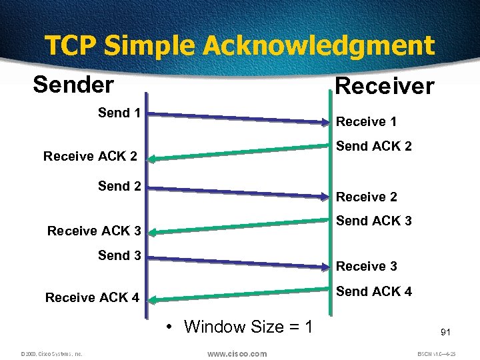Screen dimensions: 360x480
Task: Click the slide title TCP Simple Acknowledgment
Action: click(239, 45)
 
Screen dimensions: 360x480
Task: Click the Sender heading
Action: click(73, 85)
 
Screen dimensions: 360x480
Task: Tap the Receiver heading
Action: click(385, 86)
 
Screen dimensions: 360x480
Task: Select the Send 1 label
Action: click(119, 113)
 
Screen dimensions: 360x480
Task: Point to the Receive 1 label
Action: click(366, 121)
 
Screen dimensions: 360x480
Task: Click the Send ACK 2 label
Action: click(373, 145)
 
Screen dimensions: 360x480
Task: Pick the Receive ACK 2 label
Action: click(90, 157)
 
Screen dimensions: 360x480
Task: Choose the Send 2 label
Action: click(119, 186)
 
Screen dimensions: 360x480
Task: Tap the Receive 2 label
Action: click(366, 197)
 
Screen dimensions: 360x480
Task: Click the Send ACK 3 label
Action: click(373, 220)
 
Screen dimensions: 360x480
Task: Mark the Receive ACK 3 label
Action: click(93, 231)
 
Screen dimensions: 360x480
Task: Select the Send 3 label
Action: click(119, 255)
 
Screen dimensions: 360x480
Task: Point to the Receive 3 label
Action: click(366, 266)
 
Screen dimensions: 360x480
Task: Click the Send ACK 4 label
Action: click(373, 291)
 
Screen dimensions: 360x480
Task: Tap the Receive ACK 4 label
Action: click(92, 297)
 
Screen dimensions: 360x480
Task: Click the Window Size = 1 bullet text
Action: click(239, 327)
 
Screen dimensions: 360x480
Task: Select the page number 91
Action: click(446, 331)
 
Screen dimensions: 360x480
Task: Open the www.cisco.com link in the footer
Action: click(237, 353)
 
